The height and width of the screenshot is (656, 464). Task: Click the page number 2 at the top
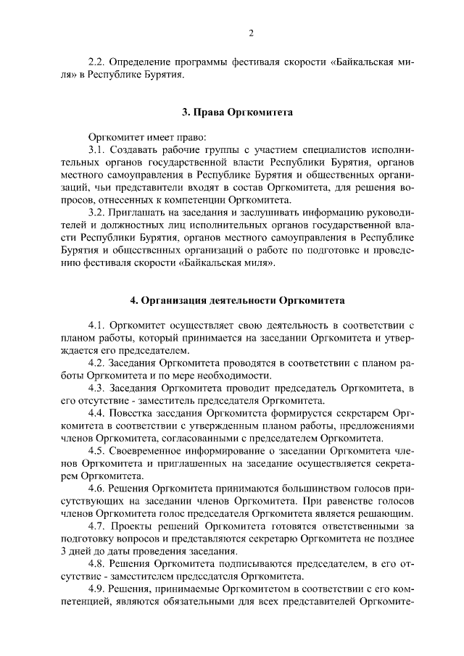(x=250, y=33)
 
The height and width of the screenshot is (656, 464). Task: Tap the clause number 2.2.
(x=96, y=62)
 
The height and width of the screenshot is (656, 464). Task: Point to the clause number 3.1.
(x=96, y=148)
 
